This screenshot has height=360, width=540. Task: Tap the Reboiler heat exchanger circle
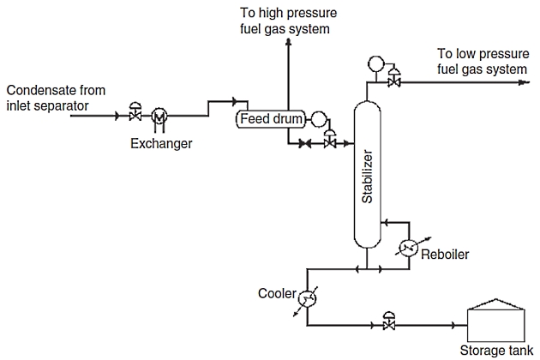click(x=409, y=248)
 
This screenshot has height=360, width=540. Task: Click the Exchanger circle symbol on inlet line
click(x=159, y=115)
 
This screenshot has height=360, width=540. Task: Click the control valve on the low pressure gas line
click(x=394, y=81)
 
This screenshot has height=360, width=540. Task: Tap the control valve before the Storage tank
click(x=389, y=324)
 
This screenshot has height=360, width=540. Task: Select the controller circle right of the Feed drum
click(x=318, y=119)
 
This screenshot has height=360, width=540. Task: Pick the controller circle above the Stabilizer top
click(x=375, y=63)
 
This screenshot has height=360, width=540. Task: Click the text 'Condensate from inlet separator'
click(x=59, y=98)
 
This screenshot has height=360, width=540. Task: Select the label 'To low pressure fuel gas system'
click(x=483, y=60)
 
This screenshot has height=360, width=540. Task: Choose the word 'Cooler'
click(x=276, y=294)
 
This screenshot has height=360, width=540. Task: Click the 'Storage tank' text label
click(x=495, y=351)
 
